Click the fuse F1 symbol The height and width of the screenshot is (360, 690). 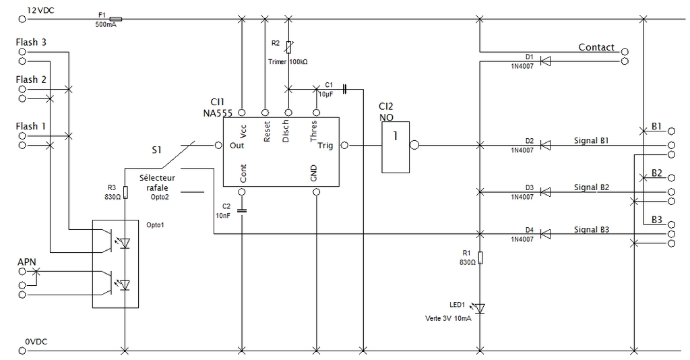click(115, 19)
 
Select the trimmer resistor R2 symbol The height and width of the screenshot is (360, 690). click(289, 47)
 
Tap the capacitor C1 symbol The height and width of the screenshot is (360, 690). click(343, 88)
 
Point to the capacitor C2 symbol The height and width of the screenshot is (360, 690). click(242, 210)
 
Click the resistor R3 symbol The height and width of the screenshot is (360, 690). click(125, 190)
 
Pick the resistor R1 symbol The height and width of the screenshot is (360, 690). click(480, 257)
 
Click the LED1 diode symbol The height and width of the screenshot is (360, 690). click(479, 308)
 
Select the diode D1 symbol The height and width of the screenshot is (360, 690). click(546, 61)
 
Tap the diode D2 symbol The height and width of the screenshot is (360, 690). click(546, 145)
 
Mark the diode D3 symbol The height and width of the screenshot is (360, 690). click(546, 192)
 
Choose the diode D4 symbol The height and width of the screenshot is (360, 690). click(546, 234)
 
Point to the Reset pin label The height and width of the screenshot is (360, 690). click(266, 132)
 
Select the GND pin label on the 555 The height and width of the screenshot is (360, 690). click(313, 174)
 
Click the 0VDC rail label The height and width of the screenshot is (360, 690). click(36, 342)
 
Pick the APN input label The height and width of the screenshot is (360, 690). click(26, 262)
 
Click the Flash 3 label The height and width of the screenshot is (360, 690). click(31, 42)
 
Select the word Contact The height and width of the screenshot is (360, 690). click(596, 47)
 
